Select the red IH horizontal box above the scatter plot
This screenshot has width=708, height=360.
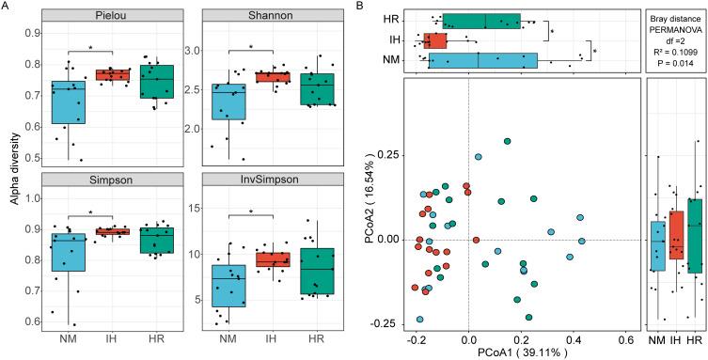pos(435,40)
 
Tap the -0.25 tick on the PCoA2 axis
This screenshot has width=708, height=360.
pos(392,321)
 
